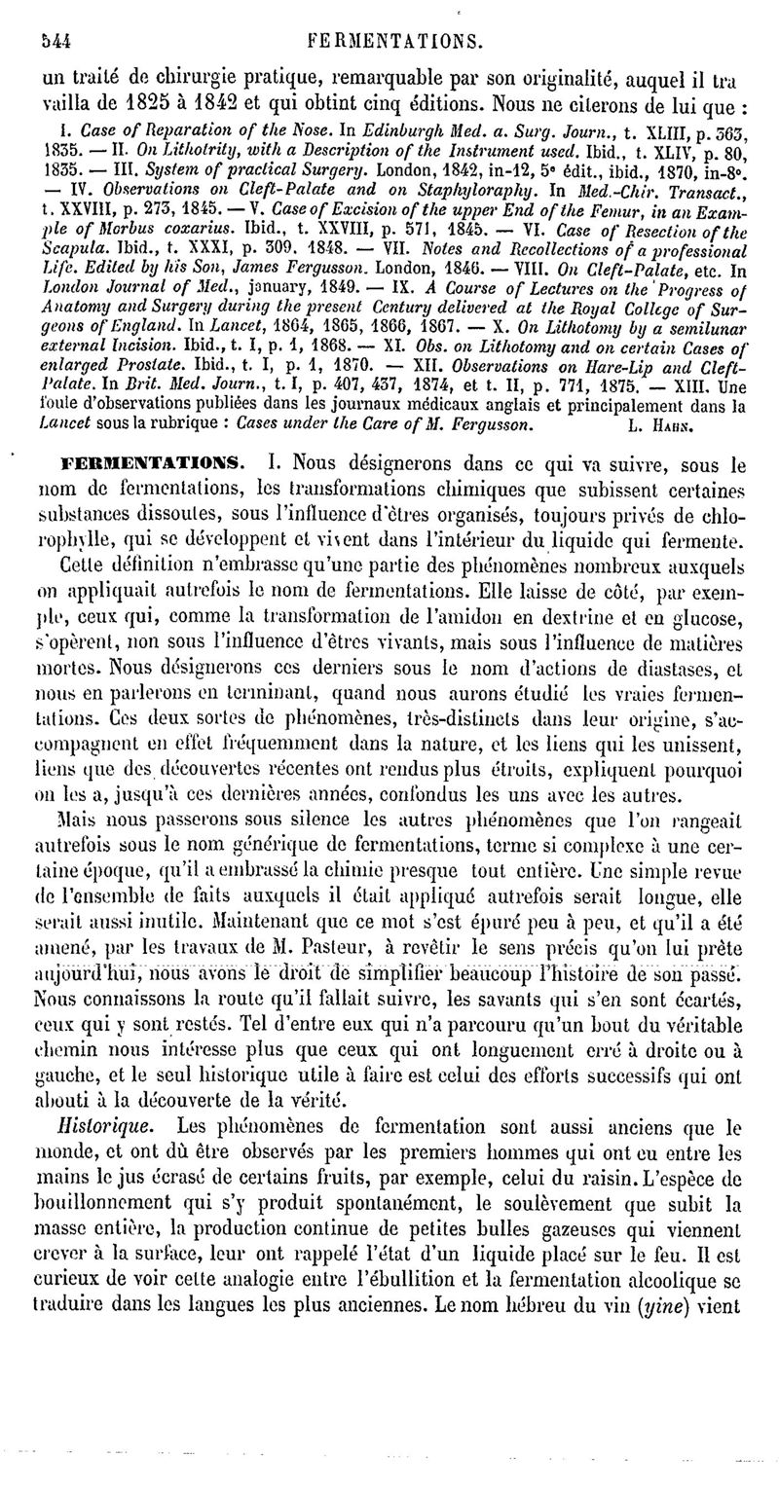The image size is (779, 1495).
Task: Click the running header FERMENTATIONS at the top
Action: [394, 42]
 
